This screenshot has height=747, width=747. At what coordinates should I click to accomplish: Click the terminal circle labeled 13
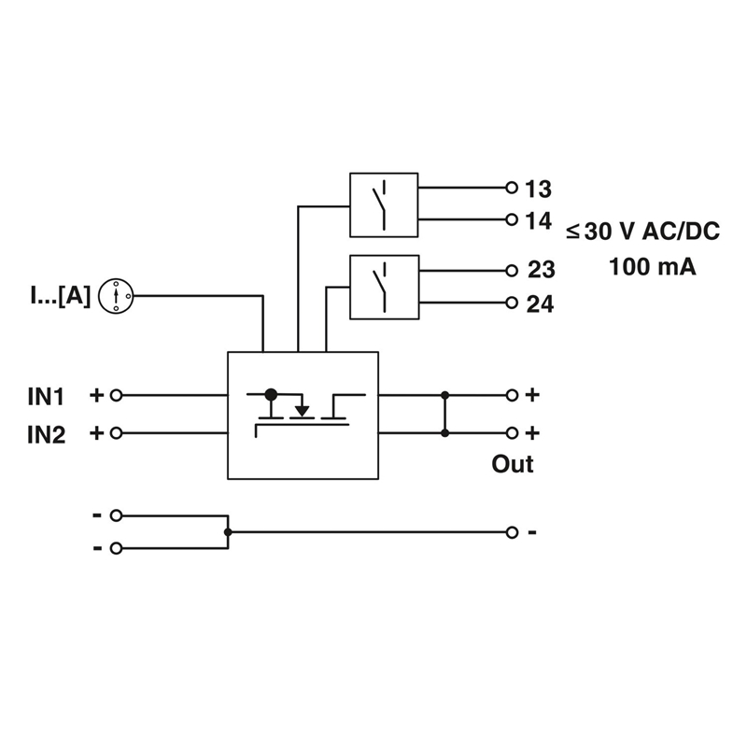click(512, 188)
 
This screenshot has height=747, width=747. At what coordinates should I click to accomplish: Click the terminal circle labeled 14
click(512, 219)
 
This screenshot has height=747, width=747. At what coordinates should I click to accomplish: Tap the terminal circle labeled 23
click(512, 271)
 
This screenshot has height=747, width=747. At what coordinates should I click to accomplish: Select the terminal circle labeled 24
click(512, 303)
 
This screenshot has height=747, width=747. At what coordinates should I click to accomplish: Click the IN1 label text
click(46, 396)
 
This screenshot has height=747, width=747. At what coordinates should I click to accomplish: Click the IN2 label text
click(46, 434)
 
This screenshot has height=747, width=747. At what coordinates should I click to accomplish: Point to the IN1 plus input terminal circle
click(116, 395)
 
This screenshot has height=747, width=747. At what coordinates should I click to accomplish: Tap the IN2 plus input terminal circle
click(116, 433)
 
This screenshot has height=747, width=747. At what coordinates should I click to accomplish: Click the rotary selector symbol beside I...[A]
click(116, 296)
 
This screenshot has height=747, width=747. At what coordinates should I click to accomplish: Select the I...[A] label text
click(60, 295)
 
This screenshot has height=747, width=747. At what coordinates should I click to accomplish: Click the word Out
click(513, 463)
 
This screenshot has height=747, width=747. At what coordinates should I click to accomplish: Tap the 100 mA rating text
click(652, 267)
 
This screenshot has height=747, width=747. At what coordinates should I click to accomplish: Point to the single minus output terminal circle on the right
click(512, 532)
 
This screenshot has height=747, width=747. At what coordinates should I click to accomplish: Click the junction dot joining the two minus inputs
click(228, 531)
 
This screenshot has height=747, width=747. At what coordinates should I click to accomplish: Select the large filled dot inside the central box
click(271, 394)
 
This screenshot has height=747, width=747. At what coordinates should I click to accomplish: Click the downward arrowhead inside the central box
click(302, 411)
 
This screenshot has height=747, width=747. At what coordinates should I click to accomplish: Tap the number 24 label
click(540, 304)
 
